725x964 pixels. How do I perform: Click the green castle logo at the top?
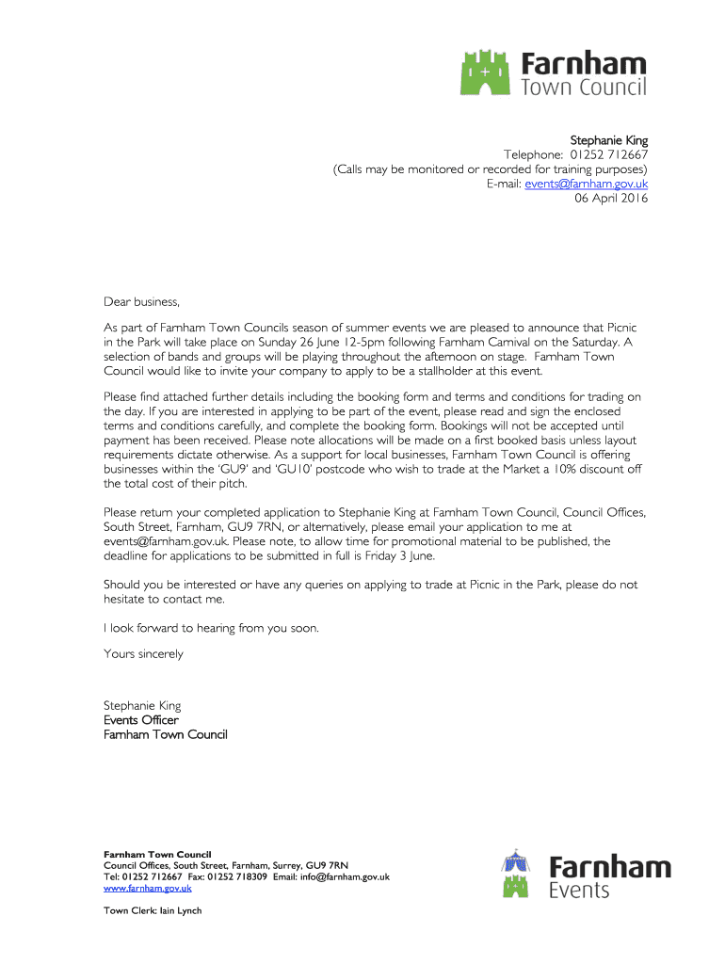tap(487, 72)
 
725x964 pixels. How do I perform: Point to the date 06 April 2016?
tap(611, 198)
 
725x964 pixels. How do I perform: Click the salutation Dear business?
tap(140, 302)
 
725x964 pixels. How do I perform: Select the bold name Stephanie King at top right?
tap(608, 140)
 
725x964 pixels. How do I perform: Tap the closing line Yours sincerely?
tap(143, 653)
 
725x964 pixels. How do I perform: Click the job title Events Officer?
tap(140, 720)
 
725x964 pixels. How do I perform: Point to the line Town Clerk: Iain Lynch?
tap(153, 910)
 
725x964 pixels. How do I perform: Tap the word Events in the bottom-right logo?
tap(579, 890)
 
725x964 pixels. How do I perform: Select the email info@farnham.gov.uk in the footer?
tap(347, 876)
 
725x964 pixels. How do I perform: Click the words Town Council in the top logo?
tap(584, 88)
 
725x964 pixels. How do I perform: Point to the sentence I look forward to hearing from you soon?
tap(211, 628)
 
